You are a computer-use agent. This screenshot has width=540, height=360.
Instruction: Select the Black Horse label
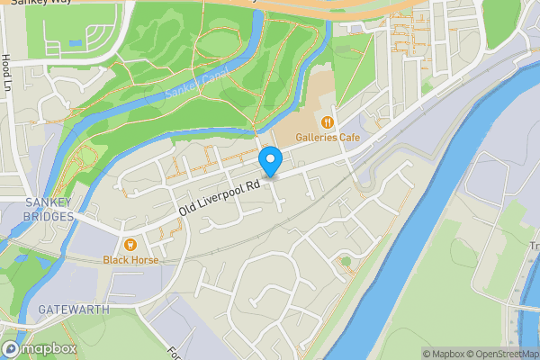[130, 260]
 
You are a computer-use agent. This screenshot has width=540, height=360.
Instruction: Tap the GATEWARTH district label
[74, 309]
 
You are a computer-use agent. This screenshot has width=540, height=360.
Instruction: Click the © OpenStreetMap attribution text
[493, 354]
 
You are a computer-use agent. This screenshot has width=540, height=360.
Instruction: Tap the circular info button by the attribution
[12, 348]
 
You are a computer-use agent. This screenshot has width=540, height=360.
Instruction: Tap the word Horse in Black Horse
[144, 260]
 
